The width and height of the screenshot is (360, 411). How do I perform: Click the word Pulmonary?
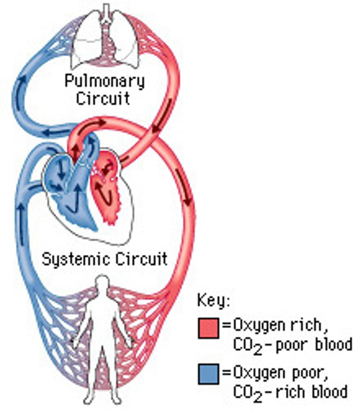[x=104, y=82]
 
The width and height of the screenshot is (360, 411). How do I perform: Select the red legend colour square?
[x=208, y=328]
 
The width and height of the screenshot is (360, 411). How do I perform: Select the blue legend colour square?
[x=208, y=374]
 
